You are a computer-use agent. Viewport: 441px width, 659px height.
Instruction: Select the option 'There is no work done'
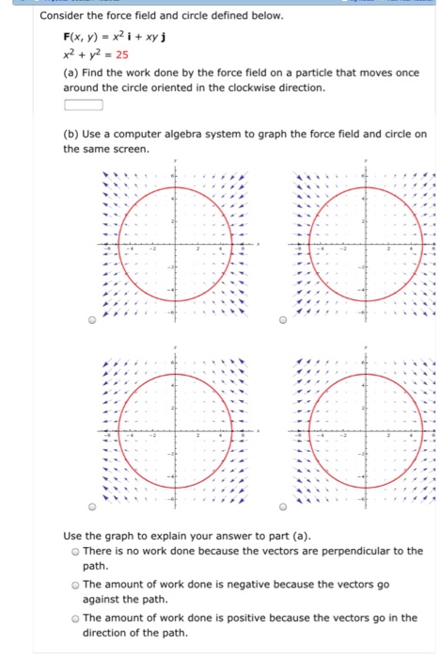pyautogui.click(x=75, y=551)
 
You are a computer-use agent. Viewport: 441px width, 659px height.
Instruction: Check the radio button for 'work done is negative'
pyautogui.click(x=75, y=585)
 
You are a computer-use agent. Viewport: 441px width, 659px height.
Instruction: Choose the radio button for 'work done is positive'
pyautogui.click(x=75, y=619)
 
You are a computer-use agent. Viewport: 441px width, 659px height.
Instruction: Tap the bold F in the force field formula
pyautogui.click(x=67, y=38)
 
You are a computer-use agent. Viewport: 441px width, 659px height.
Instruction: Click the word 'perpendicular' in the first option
pyautogui.click(x=350, y=551)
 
